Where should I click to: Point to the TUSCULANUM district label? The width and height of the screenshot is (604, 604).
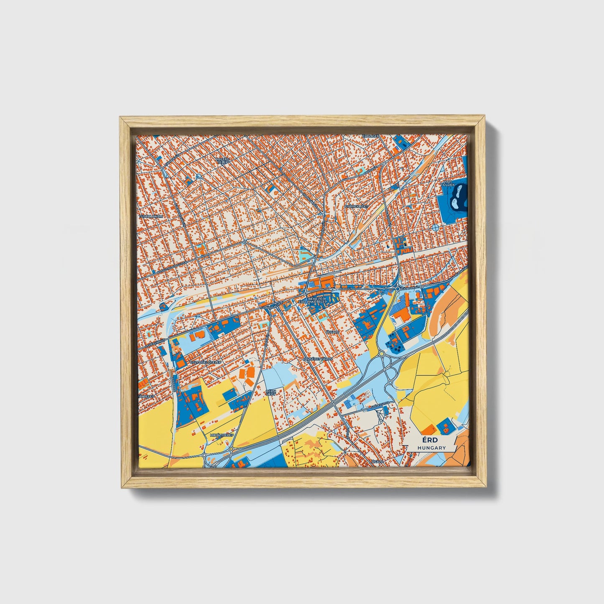151,217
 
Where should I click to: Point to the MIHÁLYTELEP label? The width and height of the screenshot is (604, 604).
222,435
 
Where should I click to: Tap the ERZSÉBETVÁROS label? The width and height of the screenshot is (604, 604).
318,359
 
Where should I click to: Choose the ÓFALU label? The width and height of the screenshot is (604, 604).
377,462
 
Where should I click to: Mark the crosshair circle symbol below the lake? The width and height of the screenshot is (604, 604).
435,228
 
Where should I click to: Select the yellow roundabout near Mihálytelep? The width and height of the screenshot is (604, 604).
231,449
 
